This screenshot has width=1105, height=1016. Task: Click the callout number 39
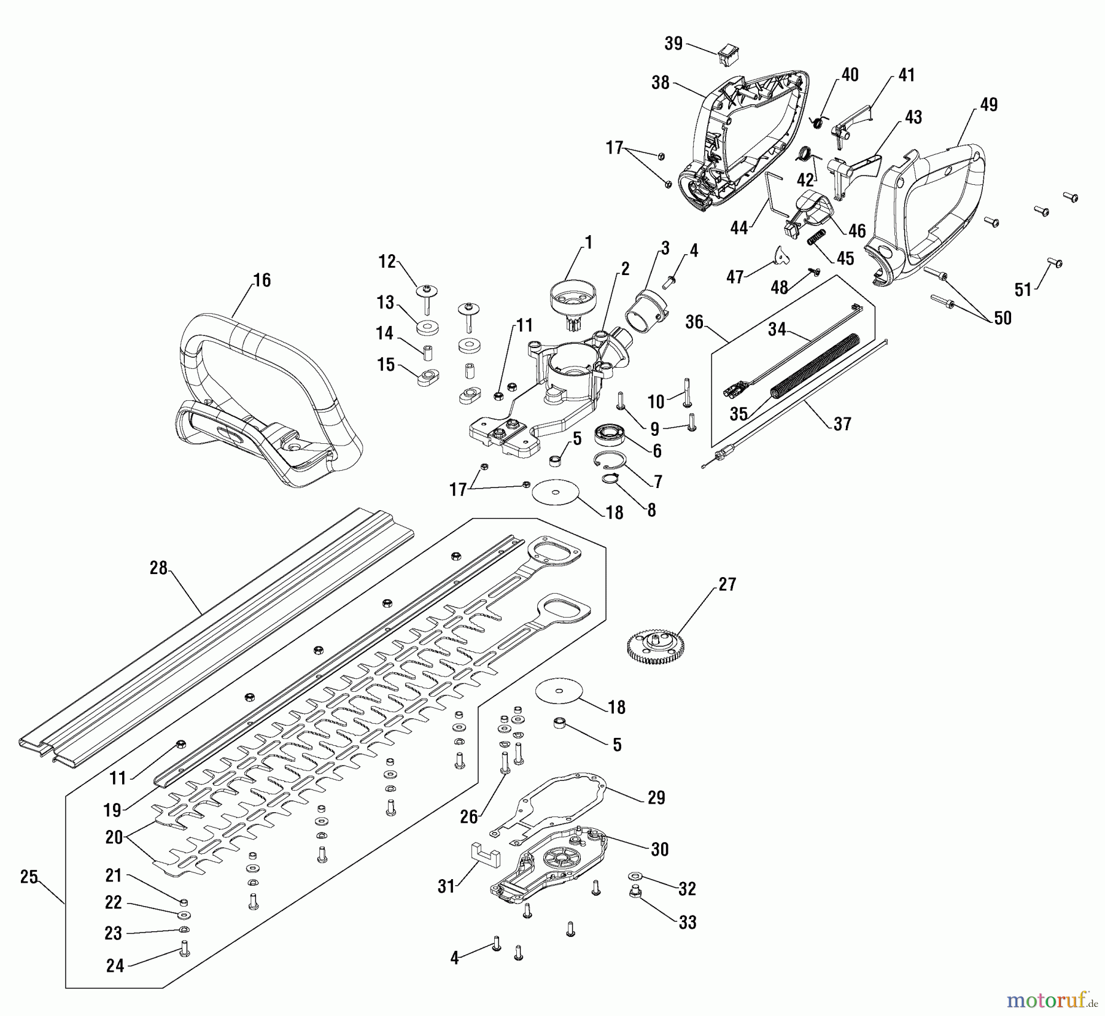point(673,44)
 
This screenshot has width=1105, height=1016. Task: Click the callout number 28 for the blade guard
point(158,568)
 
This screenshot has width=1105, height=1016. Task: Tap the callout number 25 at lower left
point(29,877)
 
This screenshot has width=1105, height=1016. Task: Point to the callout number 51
point(1023,289)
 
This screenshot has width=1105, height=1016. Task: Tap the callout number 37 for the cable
point(842,424)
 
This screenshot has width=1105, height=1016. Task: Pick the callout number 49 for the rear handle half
point(988,104)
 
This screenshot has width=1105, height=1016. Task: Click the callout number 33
point(688,922)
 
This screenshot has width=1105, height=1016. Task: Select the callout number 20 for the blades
point(114,837)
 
